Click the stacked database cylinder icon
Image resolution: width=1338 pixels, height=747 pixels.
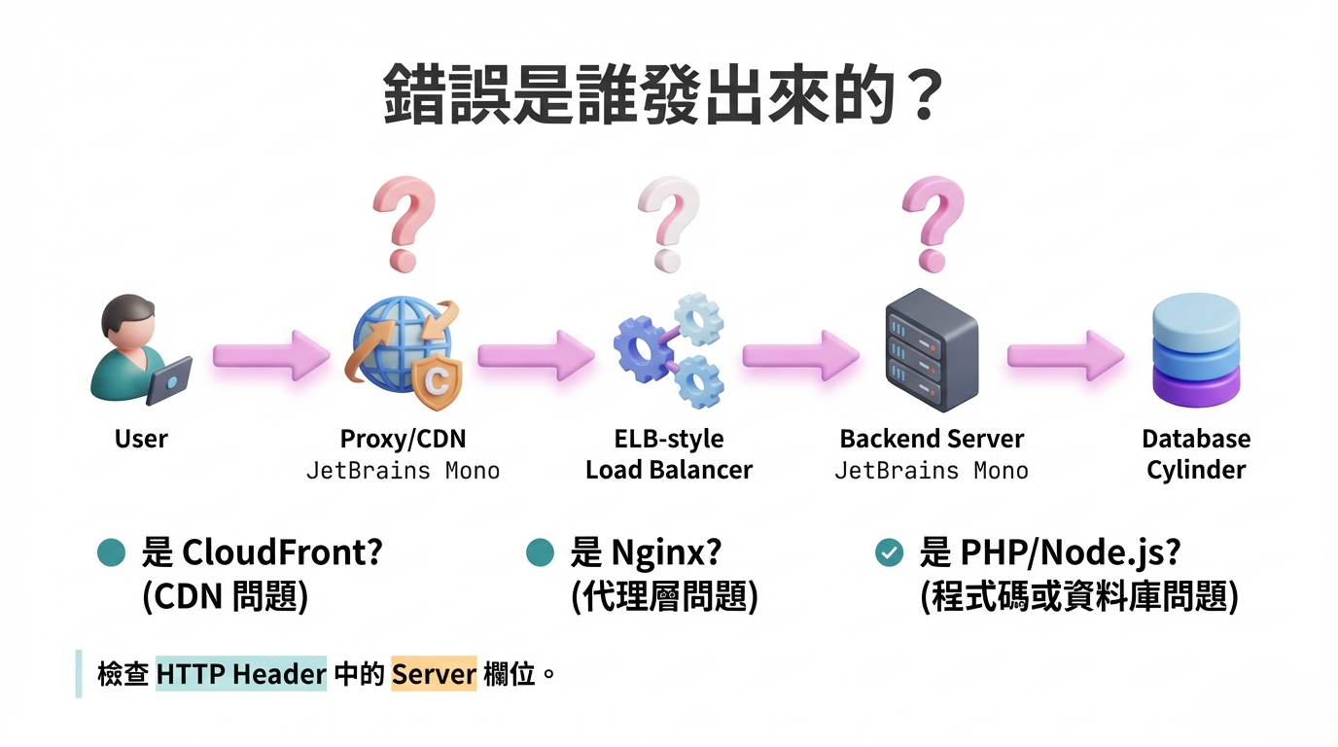click(1195, 351)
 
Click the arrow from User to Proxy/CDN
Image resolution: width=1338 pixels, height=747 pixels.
click(269, 356)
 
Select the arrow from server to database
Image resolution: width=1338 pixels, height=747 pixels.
click(1064, 356)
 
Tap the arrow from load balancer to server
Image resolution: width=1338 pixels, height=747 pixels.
click(799, 356)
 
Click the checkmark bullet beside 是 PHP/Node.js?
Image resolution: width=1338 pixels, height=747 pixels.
click(889, 552)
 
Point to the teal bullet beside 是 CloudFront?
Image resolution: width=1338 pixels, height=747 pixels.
click(112, 552)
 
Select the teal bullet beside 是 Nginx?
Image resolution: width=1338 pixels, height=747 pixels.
click(540, 552)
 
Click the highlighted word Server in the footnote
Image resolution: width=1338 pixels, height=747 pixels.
click(434, 674)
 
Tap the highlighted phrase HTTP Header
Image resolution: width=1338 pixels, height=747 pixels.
click(241, 674)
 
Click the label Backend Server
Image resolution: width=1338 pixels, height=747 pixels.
click(931, 439)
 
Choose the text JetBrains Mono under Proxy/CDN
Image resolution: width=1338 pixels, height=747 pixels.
click(403, 471)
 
